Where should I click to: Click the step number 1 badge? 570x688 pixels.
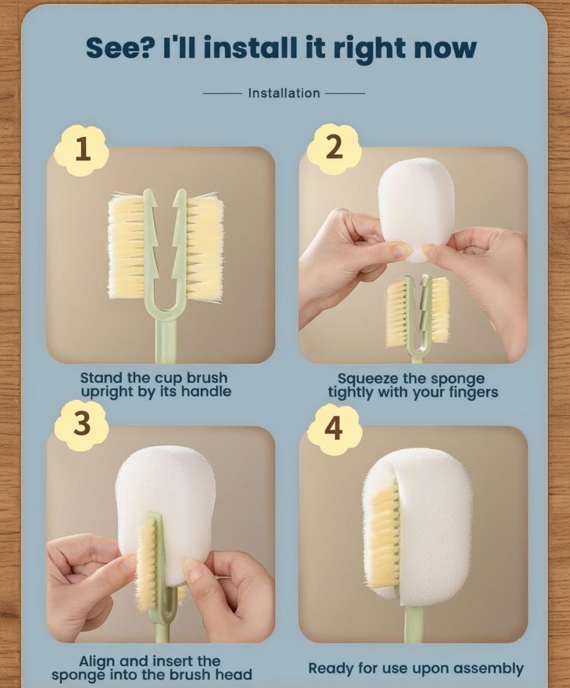pyautogui.click(x=81, y=150)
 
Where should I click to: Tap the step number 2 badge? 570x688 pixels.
pyautogui.click(x=334, y=148)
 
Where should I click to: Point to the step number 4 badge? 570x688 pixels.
pyautogui.click(x=334, y=429)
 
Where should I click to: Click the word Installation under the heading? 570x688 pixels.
pyautogui.click(x=284, y=93)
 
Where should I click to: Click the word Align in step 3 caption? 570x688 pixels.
pyautogui.click(x=97, y=661)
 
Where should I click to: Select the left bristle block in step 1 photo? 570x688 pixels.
pyautogui.click(x=127, y=246)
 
